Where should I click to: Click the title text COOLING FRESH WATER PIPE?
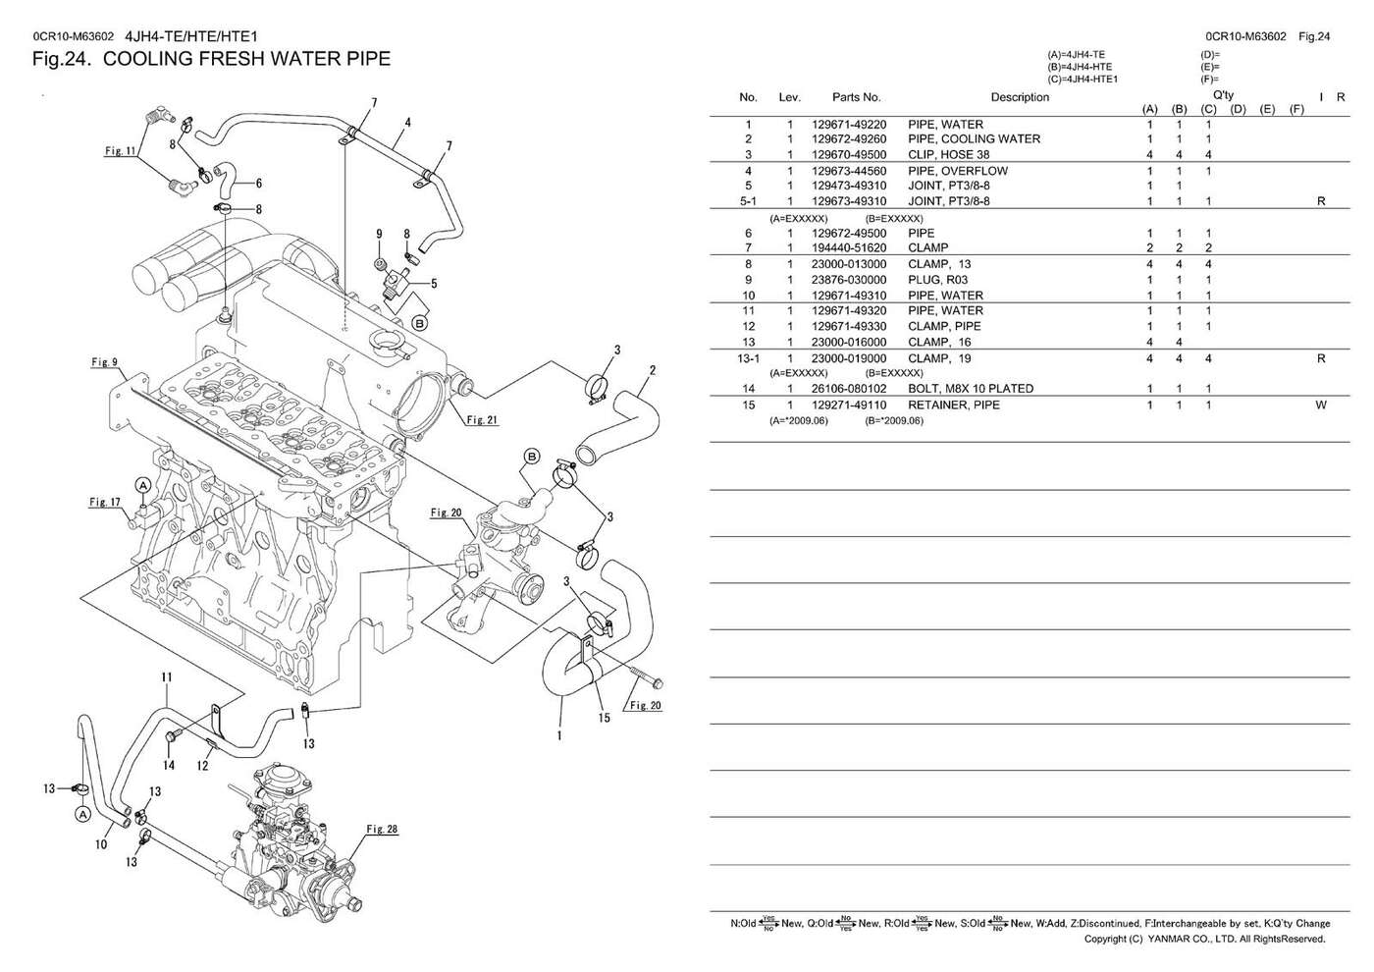[x=246, y=59]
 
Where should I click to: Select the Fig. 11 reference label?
[x=120, y=151]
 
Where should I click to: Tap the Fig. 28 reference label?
[x=382, y=830]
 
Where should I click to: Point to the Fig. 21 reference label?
[x=482, y=420]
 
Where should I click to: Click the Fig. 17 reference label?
[x=105, y=503]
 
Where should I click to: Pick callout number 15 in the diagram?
[x=604, y=718]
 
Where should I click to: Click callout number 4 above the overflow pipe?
[x=407, y=123]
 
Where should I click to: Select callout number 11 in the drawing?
[x=167, y=677]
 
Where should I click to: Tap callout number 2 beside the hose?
[x=652, y=371]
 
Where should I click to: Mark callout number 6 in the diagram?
[x=258, y=183]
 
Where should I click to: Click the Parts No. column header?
[x=856, y=97]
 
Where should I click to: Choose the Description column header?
[x=1019, y=97]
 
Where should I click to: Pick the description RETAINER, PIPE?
[x=953, y=405]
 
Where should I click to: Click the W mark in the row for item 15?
[x=1320, y=405]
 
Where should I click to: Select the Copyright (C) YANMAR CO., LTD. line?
[x=1204, y=939]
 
